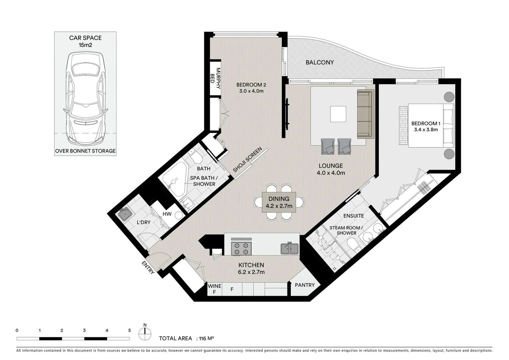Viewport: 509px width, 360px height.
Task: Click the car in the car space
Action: click(x=86, y=98)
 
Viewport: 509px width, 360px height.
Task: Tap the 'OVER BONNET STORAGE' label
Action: click(x=85, y=151)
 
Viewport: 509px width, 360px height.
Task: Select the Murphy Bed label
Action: click(x=215, y=78)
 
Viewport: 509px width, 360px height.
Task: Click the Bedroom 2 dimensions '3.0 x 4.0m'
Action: click(x=251, y=91)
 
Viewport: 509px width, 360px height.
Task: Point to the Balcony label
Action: click(x=319, y=62)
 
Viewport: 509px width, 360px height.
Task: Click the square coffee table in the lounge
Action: click(x=338, y=114)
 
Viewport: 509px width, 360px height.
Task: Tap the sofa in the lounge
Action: click(x=364, y=114)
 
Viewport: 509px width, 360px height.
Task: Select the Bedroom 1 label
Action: click(x=426, y=123)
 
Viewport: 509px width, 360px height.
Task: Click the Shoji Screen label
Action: click(x=248, y=160)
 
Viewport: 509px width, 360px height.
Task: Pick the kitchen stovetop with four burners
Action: click(x=241, y=248)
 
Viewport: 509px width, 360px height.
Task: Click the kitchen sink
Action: click(x=289, y=248)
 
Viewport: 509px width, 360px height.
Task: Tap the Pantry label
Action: click(x=304, y=285)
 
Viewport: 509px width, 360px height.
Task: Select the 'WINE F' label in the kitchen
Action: click(x=215, y=289)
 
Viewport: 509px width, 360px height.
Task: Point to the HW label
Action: click(x=167, y=214)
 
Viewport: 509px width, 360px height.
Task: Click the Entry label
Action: click(x=148, y=268)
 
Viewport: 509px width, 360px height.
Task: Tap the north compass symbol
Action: click(x=145, y=331)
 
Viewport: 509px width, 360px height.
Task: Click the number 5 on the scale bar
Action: click(x=129, y=331)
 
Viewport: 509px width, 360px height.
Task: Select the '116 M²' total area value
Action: click(x=206, y=338)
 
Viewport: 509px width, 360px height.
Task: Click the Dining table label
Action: click(x=279, y=199)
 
